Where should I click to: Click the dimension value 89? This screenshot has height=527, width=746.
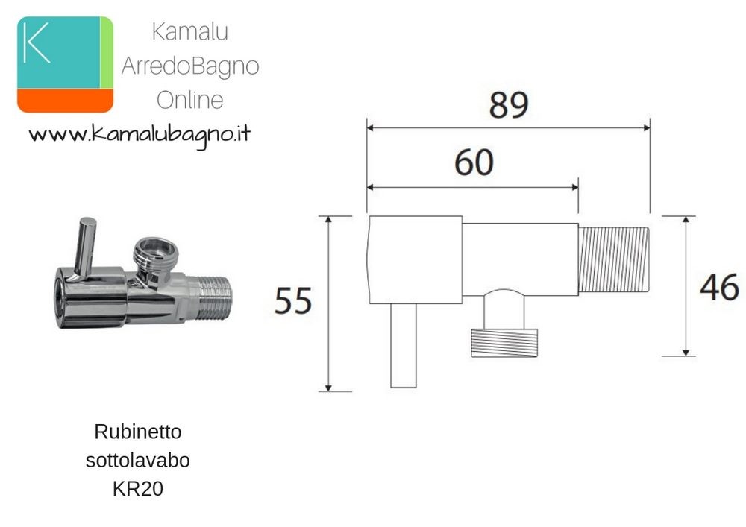pyautogui.click(x=509, y=105)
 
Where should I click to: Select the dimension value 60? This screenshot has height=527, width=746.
pyautogui.click(x=474, y=162)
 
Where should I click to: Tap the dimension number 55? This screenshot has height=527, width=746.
pyautogui.click(x=293, y=301)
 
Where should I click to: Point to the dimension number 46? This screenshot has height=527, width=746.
pyautogui.click(x=719, y=288)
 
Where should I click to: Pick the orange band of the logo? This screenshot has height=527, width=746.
pyautogui.click(x=65, y=101)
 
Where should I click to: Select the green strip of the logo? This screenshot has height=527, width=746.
pyautogui.click(x=107, y=52)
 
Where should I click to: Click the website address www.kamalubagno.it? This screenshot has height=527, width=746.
pyautogui.click(x=140, y=135)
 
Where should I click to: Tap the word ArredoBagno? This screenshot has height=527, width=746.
pyautogui.click(x=189, y=66)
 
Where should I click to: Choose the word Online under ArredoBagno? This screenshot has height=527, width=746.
pyautogui.click(x=189, y=100)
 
